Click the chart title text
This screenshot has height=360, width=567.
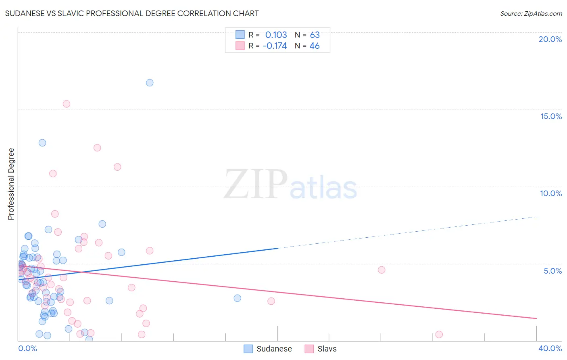click(132, 13)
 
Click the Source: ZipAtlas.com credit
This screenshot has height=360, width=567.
click(531, 13)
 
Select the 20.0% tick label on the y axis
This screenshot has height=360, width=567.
click(550, 39)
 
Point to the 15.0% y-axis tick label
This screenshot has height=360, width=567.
click(551, 116)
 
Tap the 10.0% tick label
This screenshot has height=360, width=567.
click(551, 193)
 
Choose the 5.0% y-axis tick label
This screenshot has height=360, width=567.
click(552, 271)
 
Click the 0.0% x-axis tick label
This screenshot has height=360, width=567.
click(27, 348)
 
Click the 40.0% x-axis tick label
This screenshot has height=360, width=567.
click(550, 348)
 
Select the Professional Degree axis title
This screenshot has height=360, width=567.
click(11, 184)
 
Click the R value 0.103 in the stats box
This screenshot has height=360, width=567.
click(276, 35)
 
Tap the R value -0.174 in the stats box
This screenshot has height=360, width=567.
click(275, 46)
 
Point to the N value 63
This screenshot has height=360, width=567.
click(315, 35)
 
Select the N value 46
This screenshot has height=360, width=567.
click(315, 46)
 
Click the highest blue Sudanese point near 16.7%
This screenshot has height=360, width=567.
click(150, 83)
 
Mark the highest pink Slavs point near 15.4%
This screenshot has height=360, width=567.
click(67, 104)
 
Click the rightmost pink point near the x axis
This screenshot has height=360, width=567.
click(439, 334)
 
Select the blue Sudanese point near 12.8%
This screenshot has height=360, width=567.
click(42, 142)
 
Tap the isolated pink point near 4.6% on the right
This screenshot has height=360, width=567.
click(381, 270)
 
